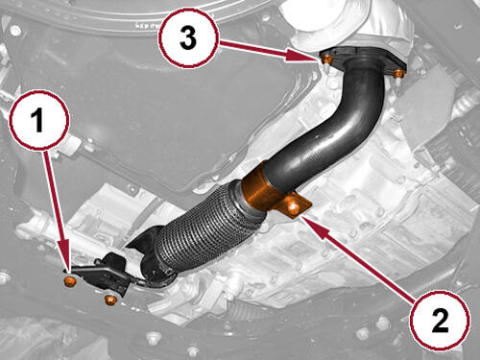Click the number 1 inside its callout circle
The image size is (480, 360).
point(37,120)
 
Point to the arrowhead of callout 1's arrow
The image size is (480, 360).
point(67,262)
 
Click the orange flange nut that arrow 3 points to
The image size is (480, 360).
point(326,60)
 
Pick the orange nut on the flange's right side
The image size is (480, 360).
point(398,73)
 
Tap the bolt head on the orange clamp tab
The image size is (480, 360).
point(294,208)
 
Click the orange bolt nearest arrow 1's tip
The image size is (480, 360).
point(69,281)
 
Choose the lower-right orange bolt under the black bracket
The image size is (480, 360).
point(110,300)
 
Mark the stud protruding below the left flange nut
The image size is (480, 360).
point(326,68)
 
